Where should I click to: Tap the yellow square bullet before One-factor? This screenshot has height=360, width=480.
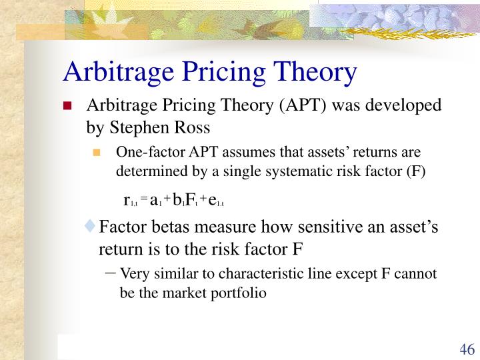pyautogui.click(x=97, y=153)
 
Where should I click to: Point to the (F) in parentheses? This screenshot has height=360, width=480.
pyautogui.click(x=413, y=171)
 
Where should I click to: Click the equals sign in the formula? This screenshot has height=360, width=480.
pyautogui.click(x=143, y=200)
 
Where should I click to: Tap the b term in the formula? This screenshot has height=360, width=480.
pyautogui.click(x=177, y=199)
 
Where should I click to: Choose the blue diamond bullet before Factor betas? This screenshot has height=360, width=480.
pyautogui.click(x=91, y=228)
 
